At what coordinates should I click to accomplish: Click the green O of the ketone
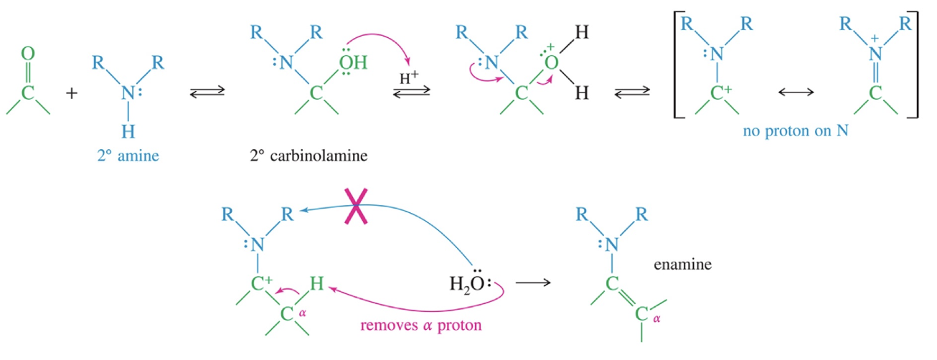[x=28, y=54]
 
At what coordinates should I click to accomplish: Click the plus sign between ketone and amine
[x=72, y=93]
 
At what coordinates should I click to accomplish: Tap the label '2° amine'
[x=128, y=156]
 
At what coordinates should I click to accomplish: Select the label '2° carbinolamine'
[x=309, y=156]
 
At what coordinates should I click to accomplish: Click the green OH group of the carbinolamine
[x=353, y=62]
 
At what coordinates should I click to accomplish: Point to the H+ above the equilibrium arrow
[x=409, y=77]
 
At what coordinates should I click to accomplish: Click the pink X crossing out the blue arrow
[x=356, y=206]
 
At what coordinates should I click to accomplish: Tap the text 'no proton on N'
[x=796, y=131]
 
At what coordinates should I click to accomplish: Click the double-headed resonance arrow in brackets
[x=796, y=92]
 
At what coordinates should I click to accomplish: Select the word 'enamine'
[x=683, y=264]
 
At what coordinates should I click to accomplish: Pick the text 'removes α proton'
[x=421, y=326]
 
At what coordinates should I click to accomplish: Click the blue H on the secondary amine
[x=128, y=132]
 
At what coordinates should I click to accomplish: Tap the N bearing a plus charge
[x=875, y=52]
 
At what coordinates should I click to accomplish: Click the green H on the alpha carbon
[x=316, y=283]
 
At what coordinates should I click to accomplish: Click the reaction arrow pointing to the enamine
[x=533, y=283]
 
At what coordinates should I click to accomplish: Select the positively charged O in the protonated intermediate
[x=551, y=62]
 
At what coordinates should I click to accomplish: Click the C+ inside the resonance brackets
[x=721, y=93]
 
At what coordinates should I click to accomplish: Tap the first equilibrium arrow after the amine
[x=207, y=92]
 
